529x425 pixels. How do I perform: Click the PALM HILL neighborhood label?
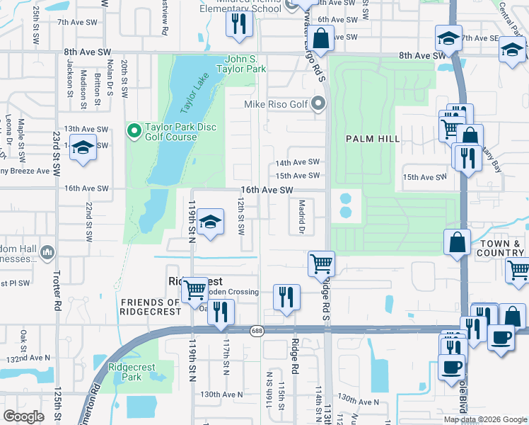pyautogui.click(x=369, y=139)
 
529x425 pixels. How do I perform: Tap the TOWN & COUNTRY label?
pyautogui.click(x=501, y=248)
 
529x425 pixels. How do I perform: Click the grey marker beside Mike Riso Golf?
pyautogui.click(x=318, y=104)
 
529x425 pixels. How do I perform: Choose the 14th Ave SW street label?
pyautogui.click(x=298, y=162)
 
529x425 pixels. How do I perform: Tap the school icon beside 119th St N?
pyautogui.click(x=210, y=222)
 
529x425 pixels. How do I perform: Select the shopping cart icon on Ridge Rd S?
pyautogui.click(x=321, y=263)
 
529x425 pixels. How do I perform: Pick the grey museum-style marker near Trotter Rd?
pyautogui.click(x=47, y=252)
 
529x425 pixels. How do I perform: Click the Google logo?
pyautogui.click(x=23, y=416)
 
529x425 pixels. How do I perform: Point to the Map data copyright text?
pyautogui.click(x=484, y=419)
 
